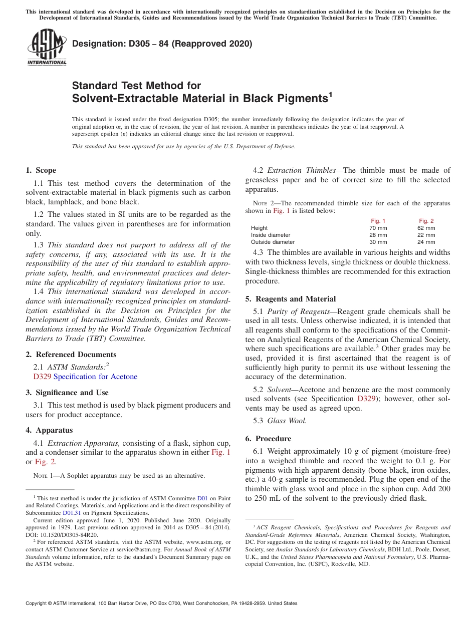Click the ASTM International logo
47,47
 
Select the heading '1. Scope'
41,170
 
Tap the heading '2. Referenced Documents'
64,355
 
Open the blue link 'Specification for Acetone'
95,377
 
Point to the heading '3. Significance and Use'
67,393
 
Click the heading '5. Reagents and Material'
290,299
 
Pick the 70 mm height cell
378,228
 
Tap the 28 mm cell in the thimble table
378,235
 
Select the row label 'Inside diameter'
271,235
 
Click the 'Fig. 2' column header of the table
426,221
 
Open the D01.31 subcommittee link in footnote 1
70,513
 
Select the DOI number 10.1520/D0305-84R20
70,535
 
